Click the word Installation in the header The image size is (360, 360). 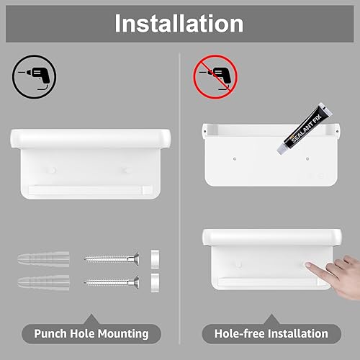pos(179,23)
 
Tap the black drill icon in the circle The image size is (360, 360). pos(34,77)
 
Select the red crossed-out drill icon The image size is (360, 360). pos(215,77)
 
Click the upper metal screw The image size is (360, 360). pos(112,259)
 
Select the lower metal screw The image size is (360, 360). pos(112,282)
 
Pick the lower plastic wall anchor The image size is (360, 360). pos(43,282)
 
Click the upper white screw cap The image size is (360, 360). pos(155,259)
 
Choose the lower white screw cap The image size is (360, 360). pos(155,283)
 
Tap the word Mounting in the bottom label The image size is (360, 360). pos(123,334)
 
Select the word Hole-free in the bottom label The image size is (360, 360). pos(240,333)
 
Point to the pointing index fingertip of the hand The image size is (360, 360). pos(308,265)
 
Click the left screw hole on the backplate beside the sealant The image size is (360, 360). pos(235,159)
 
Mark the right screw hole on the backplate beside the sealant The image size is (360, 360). pos(307,159)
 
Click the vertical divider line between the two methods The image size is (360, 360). pos(179,199)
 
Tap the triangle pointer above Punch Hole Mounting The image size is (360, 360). pos(91,319)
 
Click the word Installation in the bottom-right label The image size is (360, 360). pos(298,333)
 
